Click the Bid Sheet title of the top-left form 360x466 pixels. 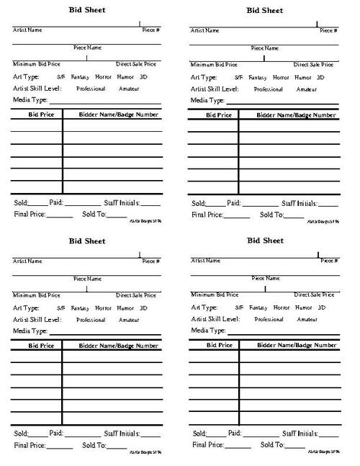pos(86,11)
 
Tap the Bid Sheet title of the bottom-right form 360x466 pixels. pos(265,240)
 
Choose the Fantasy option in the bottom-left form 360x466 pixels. pos(83,308)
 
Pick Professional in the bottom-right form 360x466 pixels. pos(268,319)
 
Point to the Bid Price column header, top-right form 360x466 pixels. pos(219,115)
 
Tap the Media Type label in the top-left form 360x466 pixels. pos(30,100)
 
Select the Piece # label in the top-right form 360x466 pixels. pos(329,31)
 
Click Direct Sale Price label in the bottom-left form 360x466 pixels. pos(135,295)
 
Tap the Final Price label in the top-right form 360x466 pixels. pos(208,215)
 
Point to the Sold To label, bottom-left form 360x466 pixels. pos(94,446)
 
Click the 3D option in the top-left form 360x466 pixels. pos(143,77)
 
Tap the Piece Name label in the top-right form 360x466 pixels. pos(265,48)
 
